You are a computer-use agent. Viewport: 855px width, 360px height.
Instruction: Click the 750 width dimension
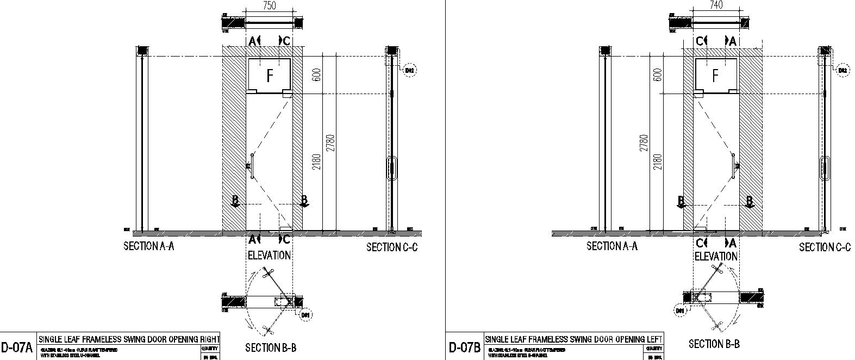point(270,5)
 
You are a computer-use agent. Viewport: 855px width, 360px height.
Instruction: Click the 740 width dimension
point(716,5)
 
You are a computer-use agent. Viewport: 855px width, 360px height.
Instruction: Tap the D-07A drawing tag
point(17,347)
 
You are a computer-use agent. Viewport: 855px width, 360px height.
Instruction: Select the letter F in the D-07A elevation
point(270,75)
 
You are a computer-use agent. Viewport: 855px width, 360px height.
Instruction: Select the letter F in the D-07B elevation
point(716,75)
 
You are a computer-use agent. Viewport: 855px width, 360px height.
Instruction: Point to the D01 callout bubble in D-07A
point(306,314)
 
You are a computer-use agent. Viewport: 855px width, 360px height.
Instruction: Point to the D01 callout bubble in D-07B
point(679,311)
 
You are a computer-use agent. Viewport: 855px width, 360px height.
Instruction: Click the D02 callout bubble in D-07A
point(410,70)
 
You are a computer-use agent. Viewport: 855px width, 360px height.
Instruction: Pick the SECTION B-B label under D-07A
point(271,348)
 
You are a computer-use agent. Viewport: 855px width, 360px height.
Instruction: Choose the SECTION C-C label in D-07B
point(825,247)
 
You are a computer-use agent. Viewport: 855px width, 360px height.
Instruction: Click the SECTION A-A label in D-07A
point(149,246)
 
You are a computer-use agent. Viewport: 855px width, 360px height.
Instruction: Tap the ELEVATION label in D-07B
point(716,256)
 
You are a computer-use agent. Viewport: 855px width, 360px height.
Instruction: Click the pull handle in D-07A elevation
point(252,166)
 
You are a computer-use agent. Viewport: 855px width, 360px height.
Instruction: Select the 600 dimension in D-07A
point(317,75)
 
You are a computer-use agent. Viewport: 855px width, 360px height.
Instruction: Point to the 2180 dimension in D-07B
point(658,162)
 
